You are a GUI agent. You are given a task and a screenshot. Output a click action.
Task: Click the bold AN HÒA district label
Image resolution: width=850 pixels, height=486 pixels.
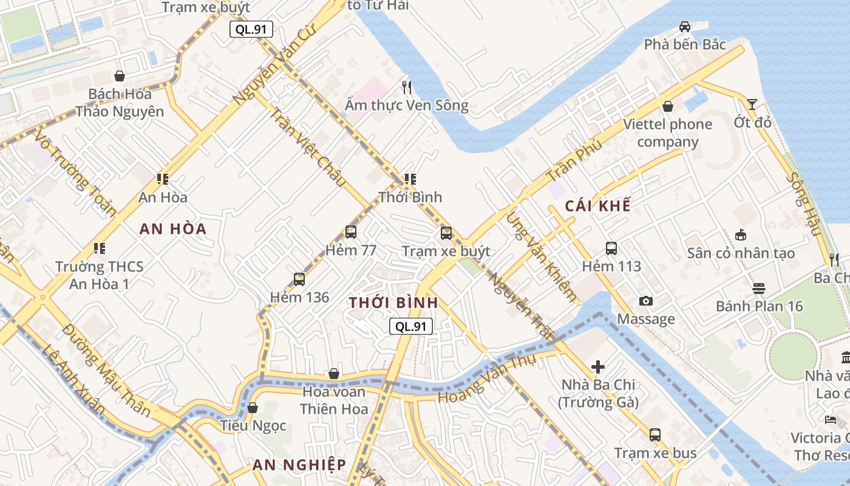click(x=173, y=229)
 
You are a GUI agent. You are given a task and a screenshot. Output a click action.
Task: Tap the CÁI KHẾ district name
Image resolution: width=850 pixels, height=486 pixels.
click(x=597, y=206)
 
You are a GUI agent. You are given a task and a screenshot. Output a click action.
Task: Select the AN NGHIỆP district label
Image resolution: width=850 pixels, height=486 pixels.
click(x=299, y=465)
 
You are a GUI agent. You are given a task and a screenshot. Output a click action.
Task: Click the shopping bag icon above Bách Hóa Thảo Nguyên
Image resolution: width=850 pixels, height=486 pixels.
click(x=120, y=76)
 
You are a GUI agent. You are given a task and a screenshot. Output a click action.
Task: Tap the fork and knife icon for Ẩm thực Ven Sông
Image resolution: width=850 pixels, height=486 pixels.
click(x=407, y=87)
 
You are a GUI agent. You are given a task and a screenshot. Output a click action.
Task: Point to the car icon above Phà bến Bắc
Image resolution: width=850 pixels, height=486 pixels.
click(x=685, y=27)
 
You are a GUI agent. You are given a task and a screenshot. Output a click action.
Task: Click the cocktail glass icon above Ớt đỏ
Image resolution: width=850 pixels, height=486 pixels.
click(x=752, y=104)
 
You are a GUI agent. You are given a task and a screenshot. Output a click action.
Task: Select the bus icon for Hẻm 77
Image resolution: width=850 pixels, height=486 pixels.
click(x=351, y=232)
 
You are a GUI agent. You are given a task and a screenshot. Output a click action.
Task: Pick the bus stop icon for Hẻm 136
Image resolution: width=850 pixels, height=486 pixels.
click(x=299, y=279)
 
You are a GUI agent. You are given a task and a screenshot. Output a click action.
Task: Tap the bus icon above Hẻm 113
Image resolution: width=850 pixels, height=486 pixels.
click(x=611, y=248)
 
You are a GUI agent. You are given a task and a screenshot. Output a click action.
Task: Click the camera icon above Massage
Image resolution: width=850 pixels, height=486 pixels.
click(x=646, y=301)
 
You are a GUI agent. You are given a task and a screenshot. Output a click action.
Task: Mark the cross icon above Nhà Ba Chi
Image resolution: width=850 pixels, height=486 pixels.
click(x=598, y=367)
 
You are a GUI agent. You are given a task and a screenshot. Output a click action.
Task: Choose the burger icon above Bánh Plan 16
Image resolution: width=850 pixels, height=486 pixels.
click(x=759, y=288)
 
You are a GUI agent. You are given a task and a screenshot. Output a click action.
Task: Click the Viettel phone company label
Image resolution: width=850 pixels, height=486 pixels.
click(x=668, y=133)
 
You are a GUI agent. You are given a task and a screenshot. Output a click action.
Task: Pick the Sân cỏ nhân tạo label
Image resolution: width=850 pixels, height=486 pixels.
click(x=741, y=253)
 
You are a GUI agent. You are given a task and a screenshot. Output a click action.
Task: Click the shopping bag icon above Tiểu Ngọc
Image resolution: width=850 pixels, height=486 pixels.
click(x=253, y=408)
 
